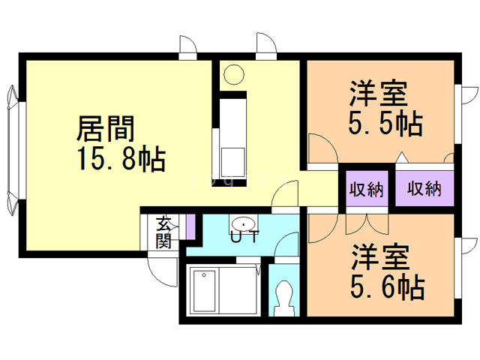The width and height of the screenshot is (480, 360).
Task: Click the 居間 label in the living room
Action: pos(106,129)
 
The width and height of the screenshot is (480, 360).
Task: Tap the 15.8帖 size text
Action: pos(119,159)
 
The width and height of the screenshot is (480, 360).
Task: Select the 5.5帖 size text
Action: pos(384,122)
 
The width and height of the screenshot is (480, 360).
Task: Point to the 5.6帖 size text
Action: pos(385,286)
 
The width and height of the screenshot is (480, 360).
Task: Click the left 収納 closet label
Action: pos(366,189)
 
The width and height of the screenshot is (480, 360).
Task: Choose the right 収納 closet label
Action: pos(425,189)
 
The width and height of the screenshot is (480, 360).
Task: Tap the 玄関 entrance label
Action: pos(163,232)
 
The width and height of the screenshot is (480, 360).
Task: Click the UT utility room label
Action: pos(244,238)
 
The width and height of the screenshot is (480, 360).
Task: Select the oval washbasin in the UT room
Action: pos(244,223)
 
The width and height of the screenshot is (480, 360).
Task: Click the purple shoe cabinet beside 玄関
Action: pos(190,226)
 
